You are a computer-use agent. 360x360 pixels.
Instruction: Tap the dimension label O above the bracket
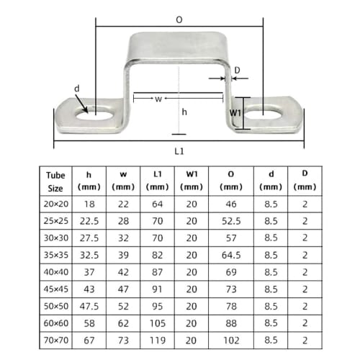[x=179, y=21]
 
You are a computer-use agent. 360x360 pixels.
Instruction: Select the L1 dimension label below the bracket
[x=179, y=151]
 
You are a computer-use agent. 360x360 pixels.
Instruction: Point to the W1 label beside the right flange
[x=235, y=113]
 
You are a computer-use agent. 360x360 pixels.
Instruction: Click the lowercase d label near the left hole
[x=77, y=89]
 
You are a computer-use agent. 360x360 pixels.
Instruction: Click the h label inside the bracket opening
[x=184, y=112]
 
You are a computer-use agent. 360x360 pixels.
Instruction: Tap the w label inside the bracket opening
[x=158, y=99]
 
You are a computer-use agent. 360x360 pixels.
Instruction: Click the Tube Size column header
[x=55, y=181]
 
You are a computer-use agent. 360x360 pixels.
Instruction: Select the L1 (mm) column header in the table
[x=157, y=181]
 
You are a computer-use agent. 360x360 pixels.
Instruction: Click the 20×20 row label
[x=55, y=204]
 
